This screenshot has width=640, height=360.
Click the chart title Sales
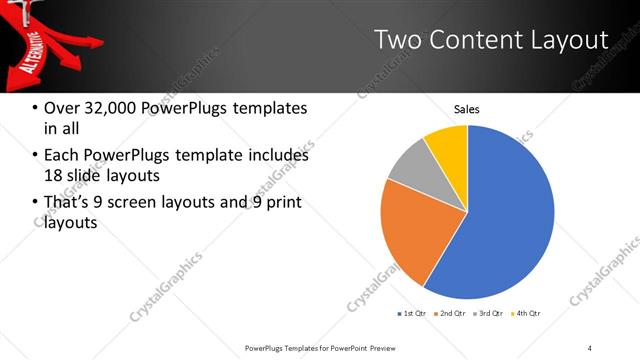point(467,109)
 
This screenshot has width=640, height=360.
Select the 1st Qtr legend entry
point(412,314)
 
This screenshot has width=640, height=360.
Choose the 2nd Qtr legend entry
point(451,314)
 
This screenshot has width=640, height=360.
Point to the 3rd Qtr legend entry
point(489,314)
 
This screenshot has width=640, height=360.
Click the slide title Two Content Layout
point(491,40)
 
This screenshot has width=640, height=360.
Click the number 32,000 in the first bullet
point(106,108)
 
